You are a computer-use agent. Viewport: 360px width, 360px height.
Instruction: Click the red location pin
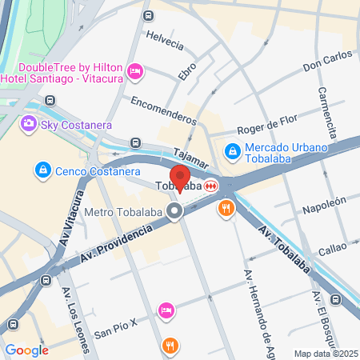[179, 177]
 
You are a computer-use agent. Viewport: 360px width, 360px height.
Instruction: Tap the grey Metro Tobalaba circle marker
[175, 212]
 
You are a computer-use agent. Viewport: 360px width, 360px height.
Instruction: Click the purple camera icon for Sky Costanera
[30, 124]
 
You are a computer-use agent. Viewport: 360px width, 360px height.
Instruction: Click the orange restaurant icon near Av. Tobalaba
[226, 209]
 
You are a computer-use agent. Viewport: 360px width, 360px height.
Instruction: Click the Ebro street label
[187, 70]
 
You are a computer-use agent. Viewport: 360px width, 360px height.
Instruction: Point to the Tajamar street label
[190, 157]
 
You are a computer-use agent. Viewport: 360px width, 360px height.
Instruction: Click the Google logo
[26, 350]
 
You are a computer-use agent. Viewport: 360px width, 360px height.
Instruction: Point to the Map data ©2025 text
[326, 354]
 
